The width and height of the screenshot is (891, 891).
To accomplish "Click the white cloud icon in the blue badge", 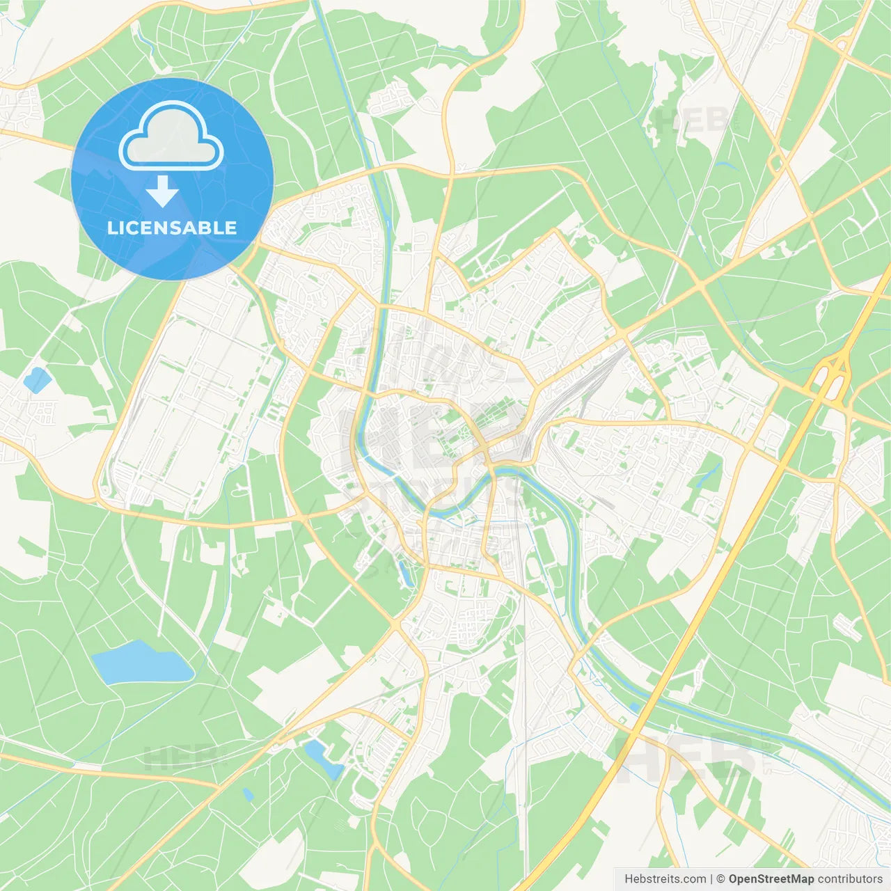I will [171, 137].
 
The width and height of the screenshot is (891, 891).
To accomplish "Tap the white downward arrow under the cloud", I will [162, 191].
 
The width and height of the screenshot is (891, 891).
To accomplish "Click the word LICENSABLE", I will [172, 228].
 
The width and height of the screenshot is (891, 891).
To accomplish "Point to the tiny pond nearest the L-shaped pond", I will [248, 794].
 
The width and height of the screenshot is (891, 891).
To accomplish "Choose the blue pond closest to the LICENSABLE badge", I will [36, 379].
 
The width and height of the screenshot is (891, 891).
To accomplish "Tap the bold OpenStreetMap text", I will [771, 879].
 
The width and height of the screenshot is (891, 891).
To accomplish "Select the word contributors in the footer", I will [850, 879].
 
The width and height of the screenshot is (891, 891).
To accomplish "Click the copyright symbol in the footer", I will [721, 879].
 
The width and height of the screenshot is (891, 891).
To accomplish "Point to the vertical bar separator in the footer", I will [711, 879].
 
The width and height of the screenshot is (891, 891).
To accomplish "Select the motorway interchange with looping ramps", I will [833, 376].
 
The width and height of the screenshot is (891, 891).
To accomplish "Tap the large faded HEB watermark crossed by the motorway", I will [686, 759].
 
